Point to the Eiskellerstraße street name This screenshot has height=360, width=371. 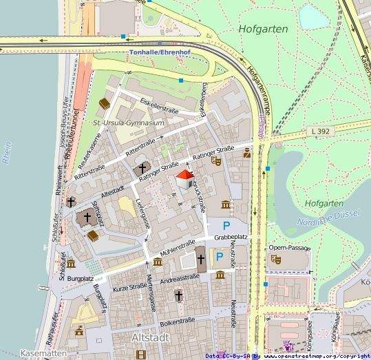pyautogui.click(x=159, y=105)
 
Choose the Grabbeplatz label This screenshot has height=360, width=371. pyautogui.click(x=231, y=237)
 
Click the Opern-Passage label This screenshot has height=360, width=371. pyautogui.click(x=286, y=247)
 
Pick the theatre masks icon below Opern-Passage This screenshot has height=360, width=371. pyautogui.click(x=277, y=260)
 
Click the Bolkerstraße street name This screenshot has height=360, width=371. pyautogui.click(x=177, y=321)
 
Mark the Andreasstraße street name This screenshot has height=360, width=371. pyautogui.click(x=179, y=277)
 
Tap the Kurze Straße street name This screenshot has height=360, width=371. pyautogui.click(x=130, y=286)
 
